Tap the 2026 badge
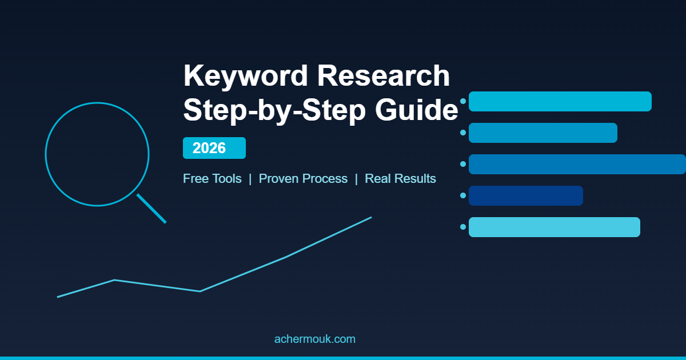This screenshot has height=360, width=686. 214,148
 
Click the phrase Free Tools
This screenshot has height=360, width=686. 212,179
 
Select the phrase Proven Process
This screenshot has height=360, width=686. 303,179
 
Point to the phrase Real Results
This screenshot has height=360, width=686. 400,179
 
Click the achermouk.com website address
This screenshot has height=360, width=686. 314,339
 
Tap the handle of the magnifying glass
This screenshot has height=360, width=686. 151,209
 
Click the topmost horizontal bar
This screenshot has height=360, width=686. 560,101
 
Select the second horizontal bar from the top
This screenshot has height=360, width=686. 543,133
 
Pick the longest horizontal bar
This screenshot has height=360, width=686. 577,164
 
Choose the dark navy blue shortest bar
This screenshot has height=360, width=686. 525,195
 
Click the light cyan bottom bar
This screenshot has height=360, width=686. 554,227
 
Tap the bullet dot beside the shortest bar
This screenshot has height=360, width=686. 463,195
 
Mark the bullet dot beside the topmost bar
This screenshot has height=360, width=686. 463,101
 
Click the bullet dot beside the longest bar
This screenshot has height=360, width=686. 463,164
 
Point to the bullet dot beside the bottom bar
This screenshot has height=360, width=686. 463,227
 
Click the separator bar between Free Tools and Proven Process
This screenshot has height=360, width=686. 250,179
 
